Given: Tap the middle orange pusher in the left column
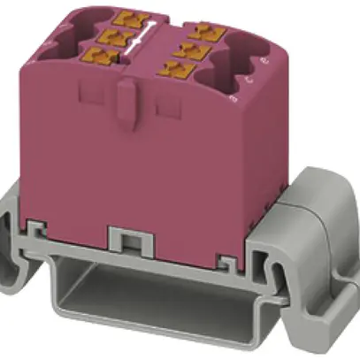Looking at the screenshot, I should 111,35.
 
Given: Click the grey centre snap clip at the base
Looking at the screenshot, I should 128,239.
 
